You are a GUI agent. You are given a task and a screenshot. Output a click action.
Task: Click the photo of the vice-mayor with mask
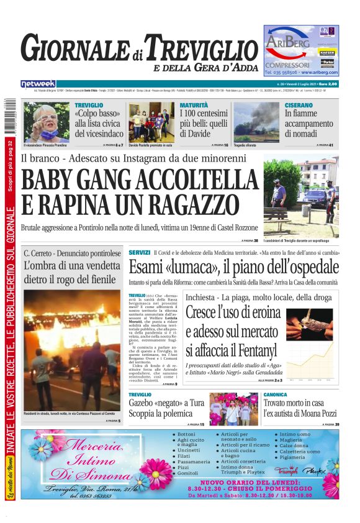tap(46, 122)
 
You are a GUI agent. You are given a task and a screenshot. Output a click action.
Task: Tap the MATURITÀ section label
tap(194, 106)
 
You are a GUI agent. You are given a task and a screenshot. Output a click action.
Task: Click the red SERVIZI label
tap(140, 252)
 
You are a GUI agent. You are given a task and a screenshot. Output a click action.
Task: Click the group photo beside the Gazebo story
tap(233, 408)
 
